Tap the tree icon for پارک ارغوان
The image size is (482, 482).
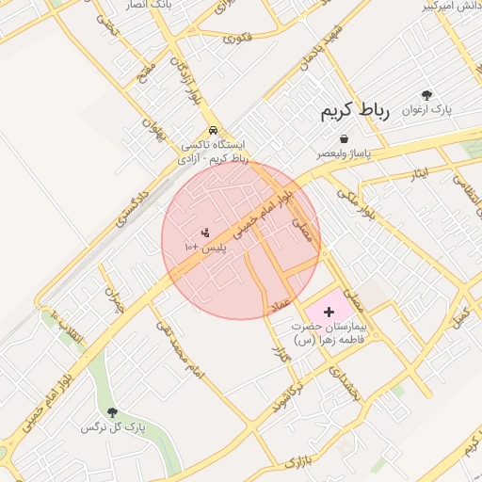coord(426,95)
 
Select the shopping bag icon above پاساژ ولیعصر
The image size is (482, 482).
coord(345,138)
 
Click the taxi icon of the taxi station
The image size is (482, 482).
coord(214,130)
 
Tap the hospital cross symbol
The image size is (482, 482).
coord(329,311)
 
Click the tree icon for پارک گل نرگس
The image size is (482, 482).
coord(112,412)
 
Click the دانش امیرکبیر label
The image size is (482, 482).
coord(451,6)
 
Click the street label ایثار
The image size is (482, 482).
coord(421,172)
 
